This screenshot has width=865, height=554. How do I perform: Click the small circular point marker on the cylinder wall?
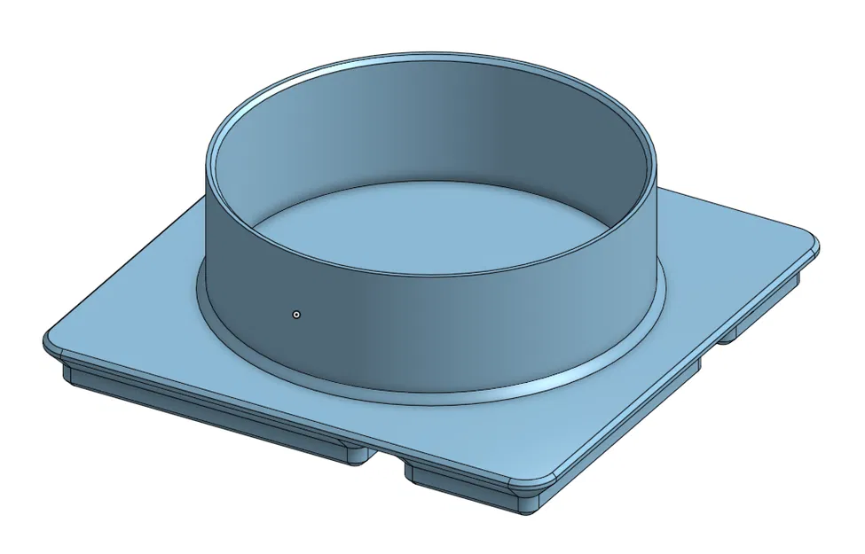point(296,314)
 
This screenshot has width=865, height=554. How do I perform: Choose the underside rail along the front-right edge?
point(621,425)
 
